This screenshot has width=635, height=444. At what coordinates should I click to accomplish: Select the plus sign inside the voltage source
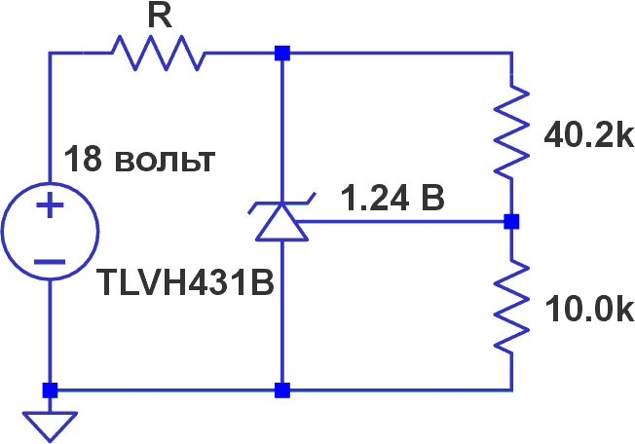click(49, 206)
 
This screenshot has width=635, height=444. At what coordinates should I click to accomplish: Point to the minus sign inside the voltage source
click(49, 262)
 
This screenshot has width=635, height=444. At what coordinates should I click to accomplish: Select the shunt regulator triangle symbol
click(281, 221)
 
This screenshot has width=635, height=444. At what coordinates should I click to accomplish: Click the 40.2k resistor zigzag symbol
click(511, 133)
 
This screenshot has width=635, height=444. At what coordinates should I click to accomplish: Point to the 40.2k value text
click(589, 135)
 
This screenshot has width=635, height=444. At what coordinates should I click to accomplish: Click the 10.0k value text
click(589, 310)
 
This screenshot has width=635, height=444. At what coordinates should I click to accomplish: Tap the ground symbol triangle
click(49, 423)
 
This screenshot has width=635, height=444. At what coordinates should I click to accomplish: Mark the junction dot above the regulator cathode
click(281, 54)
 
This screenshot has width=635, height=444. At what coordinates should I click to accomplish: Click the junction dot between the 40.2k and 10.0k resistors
click(511, 222)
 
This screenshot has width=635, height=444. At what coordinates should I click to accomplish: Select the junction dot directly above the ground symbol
click(49, 391)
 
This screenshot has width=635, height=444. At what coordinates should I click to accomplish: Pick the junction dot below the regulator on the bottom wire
click(281, 391)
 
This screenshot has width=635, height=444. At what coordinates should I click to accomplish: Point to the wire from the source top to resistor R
click(50, 97)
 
